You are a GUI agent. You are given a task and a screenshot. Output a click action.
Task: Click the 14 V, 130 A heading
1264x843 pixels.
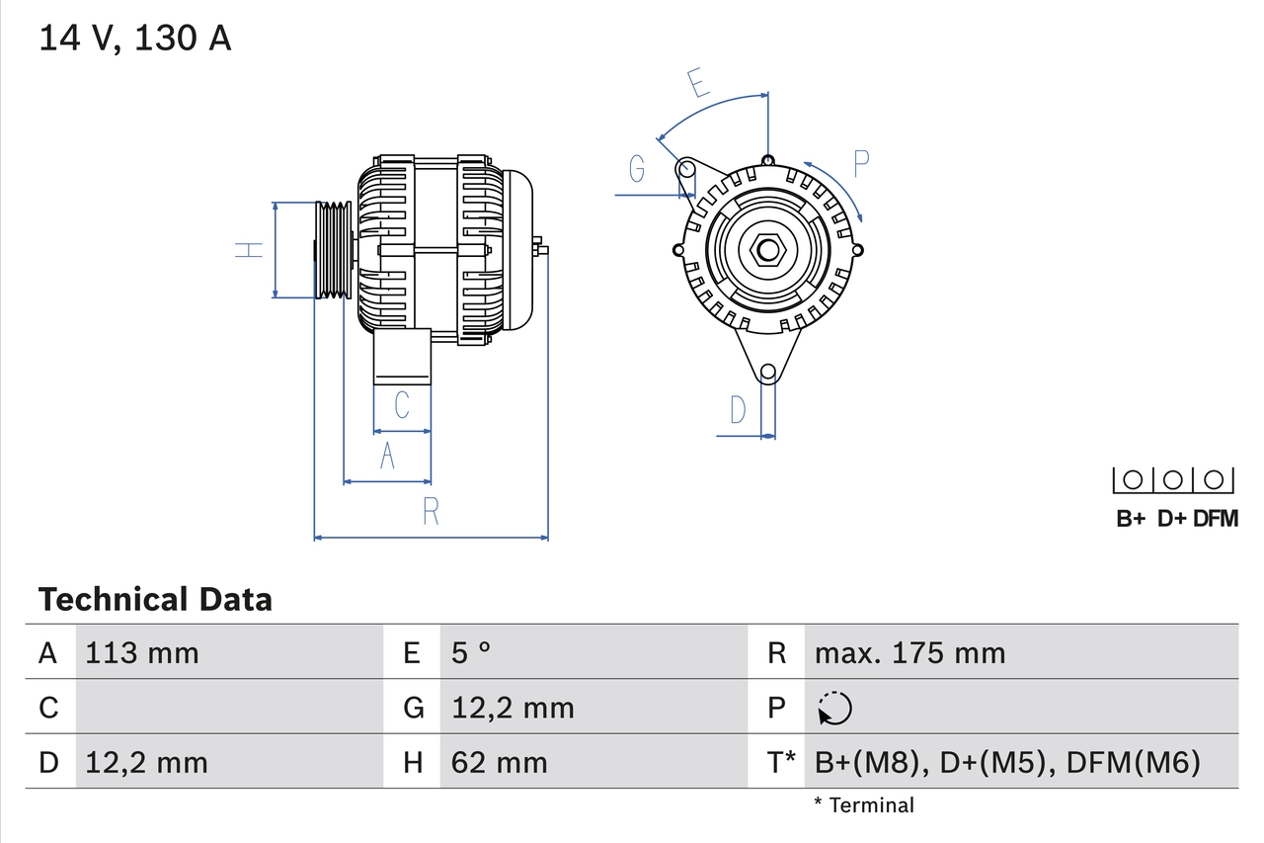click(x=135, y=39)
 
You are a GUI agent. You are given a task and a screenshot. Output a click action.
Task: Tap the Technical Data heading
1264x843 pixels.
click(x=155, y=599)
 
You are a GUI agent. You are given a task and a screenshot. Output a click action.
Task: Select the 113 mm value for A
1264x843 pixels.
click(x=142, y=653)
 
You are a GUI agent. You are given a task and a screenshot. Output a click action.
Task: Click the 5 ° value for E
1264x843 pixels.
click(x=471, y=653)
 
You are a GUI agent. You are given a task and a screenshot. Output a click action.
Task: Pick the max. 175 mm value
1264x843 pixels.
click(x=909, y=653)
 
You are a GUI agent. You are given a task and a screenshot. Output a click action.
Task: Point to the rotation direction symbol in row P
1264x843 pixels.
click(x=834, y=709)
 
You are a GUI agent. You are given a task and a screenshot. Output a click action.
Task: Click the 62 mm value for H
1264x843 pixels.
click(x=499, y=763)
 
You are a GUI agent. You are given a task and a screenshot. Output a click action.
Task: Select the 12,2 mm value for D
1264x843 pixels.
click(x=146, y=763)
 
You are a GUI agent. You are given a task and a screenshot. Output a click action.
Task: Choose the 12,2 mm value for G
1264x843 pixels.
click(x=513, y=709)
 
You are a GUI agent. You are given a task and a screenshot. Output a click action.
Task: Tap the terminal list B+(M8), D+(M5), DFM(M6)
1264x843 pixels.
click(x=1007, y=763)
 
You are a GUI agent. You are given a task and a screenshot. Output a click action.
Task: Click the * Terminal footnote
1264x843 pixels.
click(x=864, y=805)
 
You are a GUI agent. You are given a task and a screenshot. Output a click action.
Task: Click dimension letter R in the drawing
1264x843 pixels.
click(x=431, y=512)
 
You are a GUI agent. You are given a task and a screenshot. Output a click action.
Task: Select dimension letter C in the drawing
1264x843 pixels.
click(x=402, y=405)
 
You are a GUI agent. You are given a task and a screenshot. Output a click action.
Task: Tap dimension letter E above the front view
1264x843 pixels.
click(x=699, y=84)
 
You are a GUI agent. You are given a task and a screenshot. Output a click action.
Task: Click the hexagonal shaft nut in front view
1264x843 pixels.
click(x=767, y=250)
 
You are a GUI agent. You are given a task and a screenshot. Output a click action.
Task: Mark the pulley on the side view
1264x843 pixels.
click(x=333, y=250)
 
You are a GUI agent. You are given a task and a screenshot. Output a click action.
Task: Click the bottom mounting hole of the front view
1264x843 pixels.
click(x=767, y=372)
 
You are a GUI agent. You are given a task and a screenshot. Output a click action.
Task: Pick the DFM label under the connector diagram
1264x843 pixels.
click(x=1215, y=519)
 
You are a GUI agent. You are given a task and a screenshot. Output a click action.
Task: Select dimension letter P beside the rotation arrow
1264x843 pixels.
click(x=861, y=163)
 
